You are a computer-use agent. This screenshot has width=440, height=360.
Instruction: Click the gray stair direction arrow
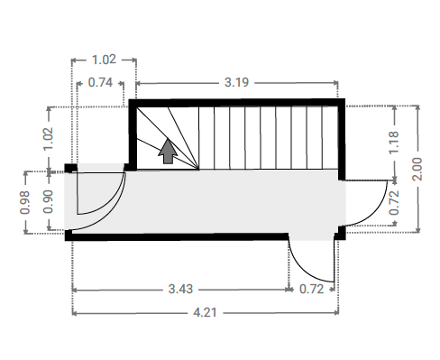(168, 152)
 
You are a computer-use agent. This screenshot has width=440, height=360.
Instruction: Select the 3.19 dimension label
(237, 82)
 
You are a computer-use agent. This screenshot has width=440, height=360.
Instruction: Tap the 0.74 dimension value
(100, 82)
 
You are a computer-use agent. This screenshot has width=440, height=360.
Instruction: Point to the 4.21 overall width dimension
(205, 313)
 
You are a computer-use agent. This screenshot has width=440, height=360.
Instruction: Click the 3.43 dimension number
(180, 289)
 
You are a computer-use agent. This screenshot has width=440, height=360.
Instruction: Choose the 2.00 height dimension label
(417, 169)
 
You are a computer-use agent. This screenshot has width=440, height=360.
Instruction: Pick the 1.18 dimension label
(394, 143)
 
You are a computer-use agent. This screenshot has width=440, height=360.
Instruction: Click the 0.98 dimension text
(25, 202)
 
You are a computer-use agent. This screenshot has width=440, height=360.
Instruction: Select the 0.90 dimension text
(48, 201)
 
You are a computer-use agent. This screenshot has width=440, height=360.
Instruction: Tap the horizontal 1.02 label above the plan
(104, 60)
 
